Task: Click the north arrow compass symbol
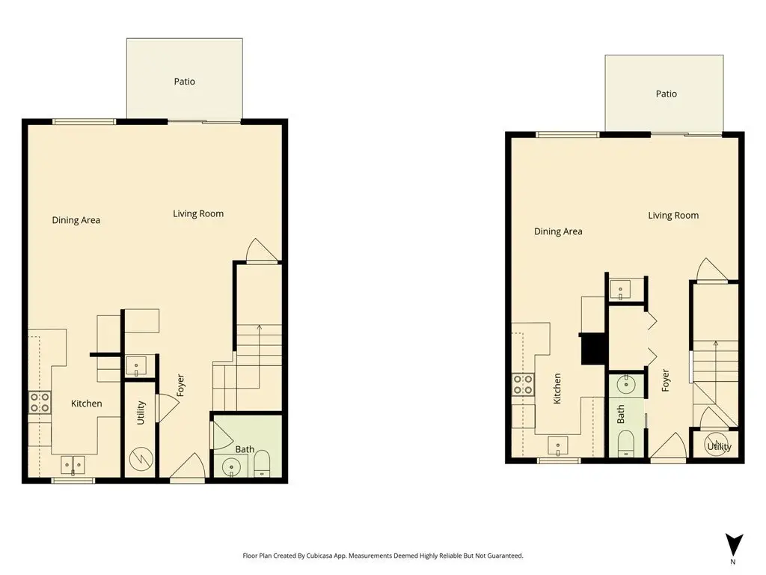pyautogui.click(x=734, y=546)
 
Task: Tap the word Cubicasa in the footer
pyautogui.click(x=319, y=556)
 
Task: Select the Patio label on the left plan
pyautogui.click(x=184, y=82)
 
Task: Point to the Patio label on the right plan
pyautogui.click(x=667, y=94)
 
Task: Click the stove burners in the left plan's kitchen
pyautogui.click(x=40, y=402)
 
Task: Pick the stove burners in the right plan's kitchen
pyautogui.click(x=523, y=384)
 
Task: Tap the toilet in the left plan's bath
pyautogui.click(x=263, y=463)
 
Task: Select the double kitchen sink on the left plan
pyautogui.click(x=73, y=465)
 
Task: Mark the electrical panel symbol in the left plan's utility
pyautogui.click(x=141, y=459)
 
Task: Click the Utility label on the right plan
pyautogui.click(x=719, y=446)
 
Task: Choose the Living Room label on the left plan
pyautogui.click(x=198, y=213)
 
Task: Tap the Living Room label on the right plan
pyautogui.click(x=673, y=216)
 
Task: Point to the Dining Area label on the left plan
pyautogui.click(x=76, y=220)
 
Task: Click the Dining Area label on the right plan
pyautogui.click(x=558, y=231)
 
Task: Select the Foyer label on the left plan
pyautogui.click(x=180, y=386)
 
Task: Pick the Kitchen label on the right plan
pyautogui.click(x=557, y=389)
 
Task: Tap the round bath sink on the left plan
pyautogui.click(x=232, y=466)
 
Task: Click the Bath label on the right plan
pyautogui.click(x=620, y=413)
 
